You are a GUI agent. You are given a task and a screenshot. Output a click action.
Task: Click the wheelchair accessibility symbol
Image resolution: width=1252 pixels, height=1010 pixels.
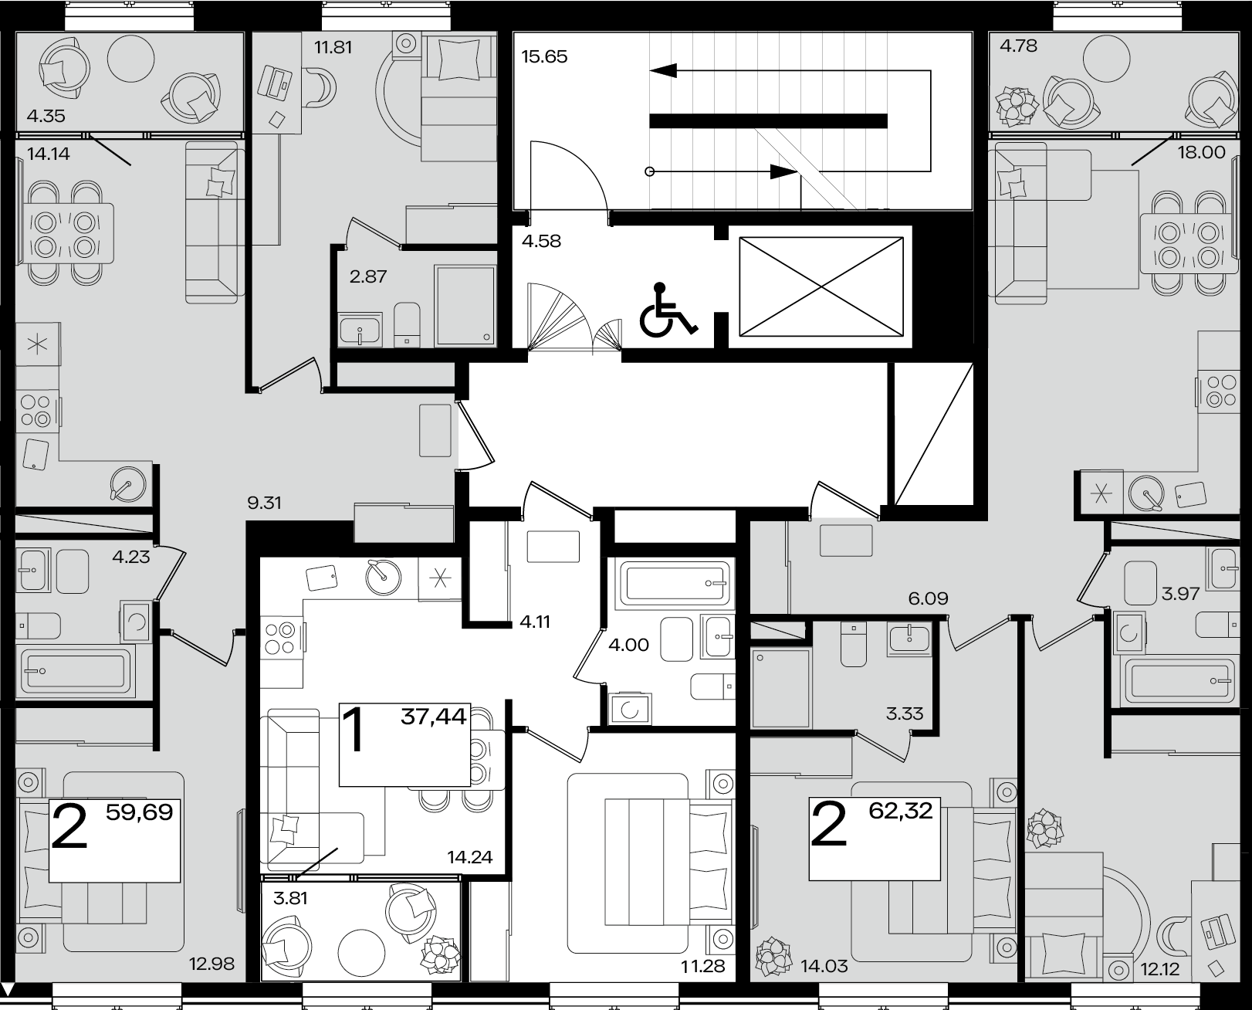pyautogui.click(x=668, y=310)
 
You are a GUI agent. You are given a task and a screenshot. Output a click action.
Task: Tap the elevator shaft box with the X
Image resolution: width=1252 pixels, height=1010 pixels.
pyautogui.click(x=821, y=286)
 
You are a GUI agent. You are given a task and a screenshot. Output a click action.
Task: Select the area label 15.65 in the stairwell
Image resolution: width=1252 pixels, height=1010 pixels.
pyautogui.click(x=544, y=56)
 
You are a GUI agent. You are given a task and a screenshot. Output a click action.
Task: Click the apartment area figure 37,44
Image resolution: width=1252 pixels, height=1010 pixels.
pyautogui.click(x=434, y=717)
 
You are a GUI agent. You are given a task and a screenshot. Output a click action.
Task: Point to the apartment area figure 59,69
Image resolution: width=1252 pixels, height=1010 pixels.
pyautogui.click(x=140, y=812)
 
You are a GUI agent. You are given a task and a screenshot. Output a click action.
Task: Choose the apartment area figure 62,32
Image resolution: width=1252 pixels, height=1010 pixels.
pyautogui.click(x=901, y=810)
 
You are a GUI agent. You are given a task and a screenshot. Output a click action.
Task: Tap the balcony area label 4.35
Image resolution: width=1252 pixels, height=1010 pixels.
pyautogui.click(x=46, y=116)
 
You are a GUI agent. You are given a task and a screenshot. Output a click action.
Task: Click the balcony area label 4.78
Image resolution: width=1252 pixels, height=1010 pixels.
pyautogui.click(x=1019, y=46)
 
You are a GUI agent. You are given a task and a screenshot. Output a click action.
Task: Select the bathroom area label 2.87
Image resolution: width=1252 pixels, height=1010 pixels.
pyautogui.click(x=367, y=276)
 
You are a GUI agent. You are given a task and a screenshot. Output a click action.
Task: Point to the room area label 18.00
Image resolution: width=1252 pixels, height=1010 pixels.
pyautogui.click(x=1202, y=153)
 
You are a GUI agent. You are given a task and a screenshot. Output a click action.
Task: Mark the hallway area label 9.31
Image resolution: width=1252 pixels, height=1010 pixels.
pyautogui.click(x=264, y=503)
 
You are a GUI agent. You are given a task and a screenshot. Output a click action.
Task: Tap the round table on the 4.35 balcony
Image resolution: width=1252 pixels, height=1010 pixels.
pyautogui.click(x=131, y=58)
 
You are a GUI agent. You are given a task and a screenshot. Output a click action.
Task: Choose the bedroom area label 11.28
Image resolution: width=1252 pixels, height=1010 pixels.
pyautogui.click(x=703, y=967)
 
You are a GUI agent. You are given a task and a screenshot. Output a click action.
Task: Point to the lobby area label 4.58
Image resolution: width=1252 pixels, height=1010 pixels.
pyautogui.click(x=541, y=241)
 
